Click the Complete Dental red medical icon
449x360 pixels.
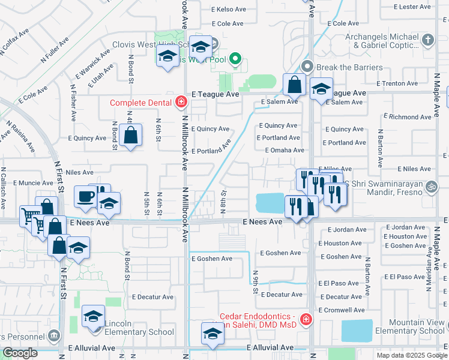click(181, 103)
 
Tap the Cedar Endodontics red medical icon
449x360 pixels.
click(306, 319)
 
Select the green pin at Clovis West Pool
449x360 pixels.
click(236, 59)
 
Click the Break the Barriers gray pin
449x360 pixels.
click(308, 66)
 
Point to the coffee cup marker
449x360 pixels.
click(85, 196)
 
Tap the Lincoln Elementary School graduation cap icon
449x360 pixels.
click(93, 316)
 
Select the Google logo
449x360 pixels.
click(20, 353)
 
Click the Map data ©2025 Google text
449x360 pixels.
click(411, 355)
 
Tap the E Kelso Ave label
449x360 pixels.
click(229, 10)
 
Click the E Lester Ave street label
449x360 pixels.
click(412, 7)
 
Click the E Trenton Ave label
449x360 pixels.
click(397, 83)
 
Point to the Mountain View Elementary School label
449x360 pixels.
click(410, 327)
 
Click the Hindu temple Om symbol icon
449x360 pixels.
click(429, 187)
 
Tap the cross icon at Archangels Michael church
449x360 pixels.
click(427, 40)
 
